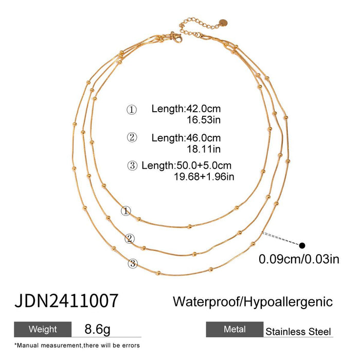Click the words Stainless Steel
tap(298, 332)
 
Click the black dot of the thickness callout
tap(302, 246)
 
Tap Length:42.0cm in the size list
tap(186, 109)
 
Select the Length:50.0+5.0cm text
tap(186, 166)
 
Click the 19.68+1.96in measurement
tap(205, 177)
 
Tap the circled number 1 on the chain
tap(125, 211)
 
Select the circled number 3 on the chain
tap(133, 264)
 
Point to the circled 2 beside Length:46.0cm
tap(132, 138)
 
